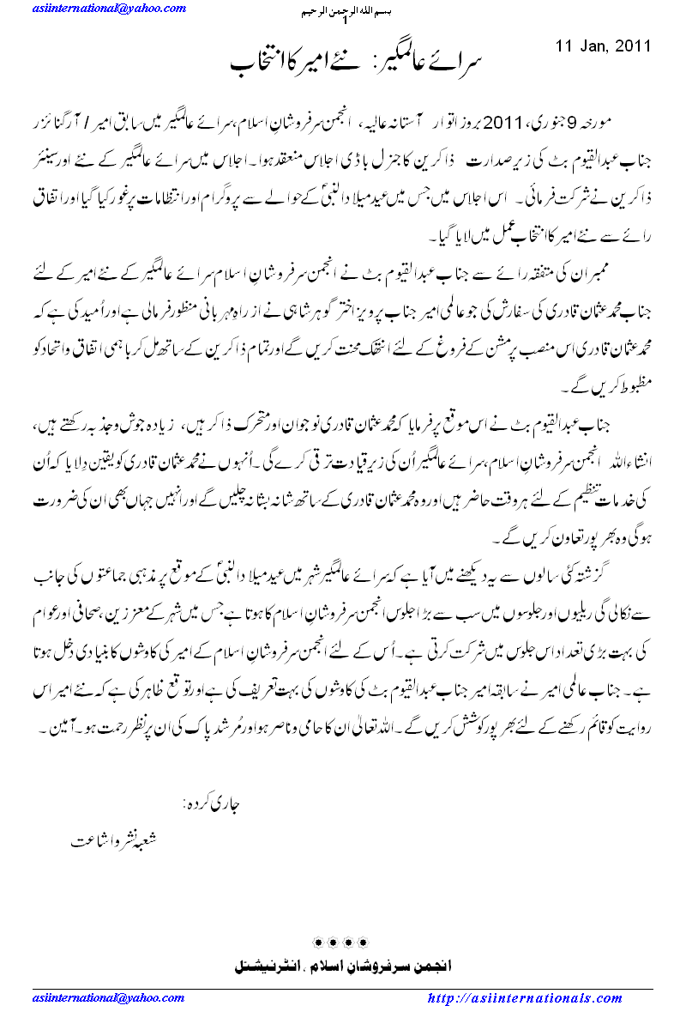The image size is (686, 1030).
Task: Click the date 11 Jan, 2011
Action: point(603,46)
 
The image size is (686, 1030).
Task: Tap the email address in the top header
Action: point(108,9)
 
